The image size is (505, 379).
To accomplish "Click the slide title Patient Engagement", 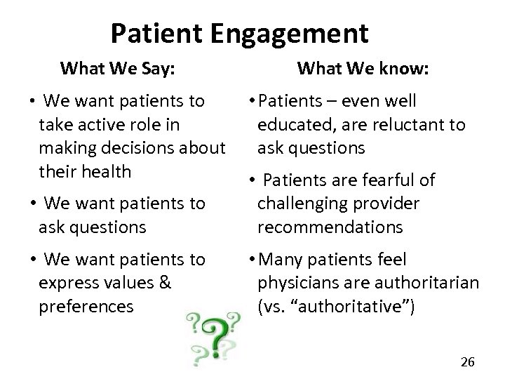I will coord(239,32).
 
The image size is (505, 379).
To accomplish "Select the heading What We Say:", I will coord(117,69).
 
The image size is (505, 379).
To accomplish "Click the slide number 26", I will coord(467,362).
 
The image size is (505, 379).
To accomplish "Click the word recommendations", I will coord(330,227).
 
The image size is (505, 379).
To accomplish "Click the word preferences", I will coord(86,306).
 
